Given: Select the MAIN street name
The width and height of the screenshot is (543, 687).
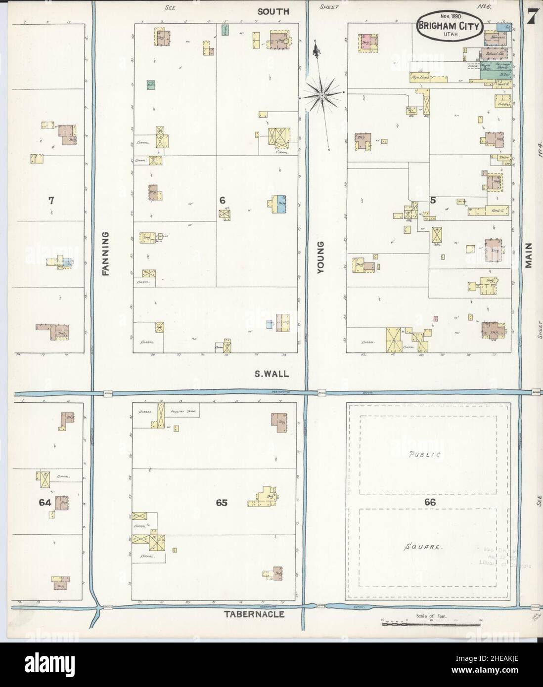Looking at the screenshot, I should point(529,255).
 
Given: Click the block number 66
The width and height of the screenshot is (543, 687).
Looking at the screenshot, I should point(429,502).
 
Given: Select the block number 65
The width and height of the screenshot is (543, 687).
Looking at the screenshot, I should point(221,503).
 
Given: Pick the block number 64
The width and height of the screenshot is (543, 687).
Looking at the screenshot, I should point(45,502).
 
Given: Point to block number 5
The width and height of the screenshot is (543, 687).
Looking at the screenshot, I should point(433,200).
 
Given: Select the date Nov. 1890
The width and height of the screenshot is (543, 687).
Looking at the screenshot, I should point(449,17).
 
